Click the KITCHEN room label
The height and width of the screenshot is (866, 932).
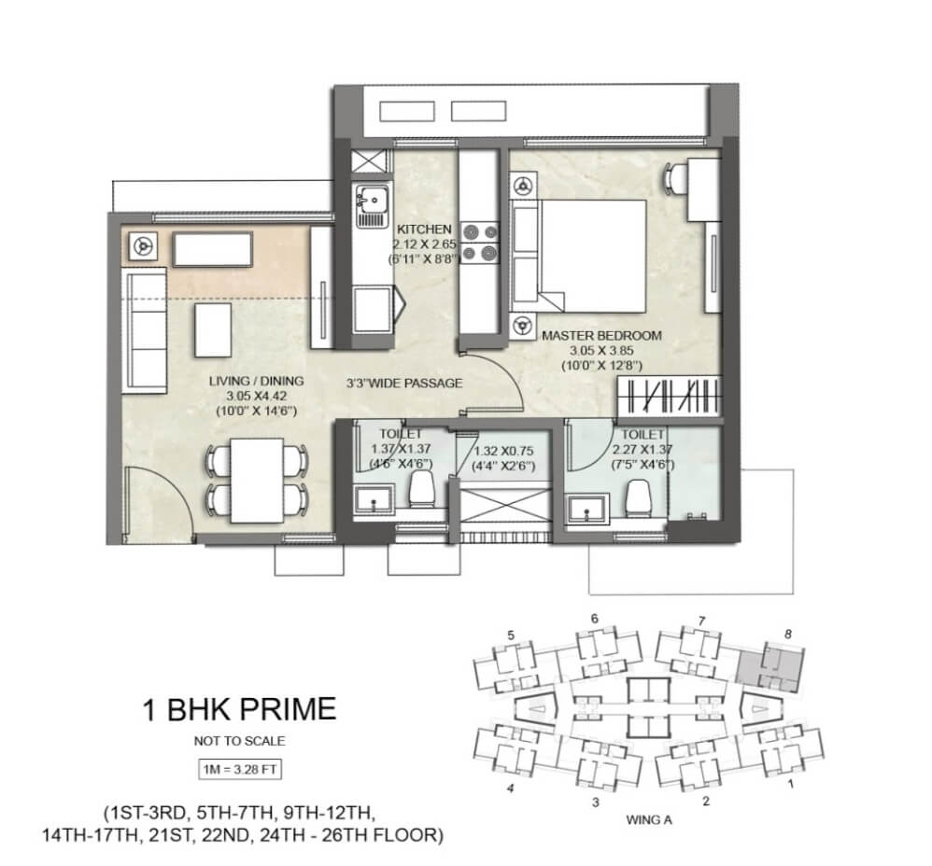click(424, 230)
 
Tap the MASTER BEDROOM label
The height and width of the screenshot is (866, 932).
click(601, 336)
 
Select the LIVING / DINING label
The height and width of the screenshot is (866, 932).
click(256, 382)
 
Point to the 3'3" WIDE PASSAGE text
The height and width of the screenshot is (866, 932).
click(404, 384)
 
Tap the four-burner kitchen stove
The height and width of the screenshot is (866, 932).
click(480, 242)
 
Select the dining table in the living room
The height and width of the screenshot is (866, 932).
click(257, 481)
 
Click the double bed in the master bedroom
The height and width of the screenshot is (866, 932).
click(578, 256)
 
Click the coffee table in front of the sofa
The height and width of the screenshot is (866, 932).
click(213, 330)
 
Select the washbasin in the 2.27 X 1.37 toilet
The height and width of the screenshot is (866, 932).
click(587, 510)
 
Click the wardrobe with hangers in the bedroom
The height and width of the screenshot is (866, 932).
click(670, 397)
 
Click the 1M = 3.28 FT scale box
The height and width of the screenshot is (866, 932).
click(240, 770)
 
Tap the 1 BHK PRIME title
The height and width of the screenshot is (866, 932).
click(240, 709)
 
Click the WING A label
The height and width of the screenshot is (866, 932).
click(649, 820)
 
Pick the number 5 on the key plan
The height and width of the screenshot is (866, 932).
click(511, 636)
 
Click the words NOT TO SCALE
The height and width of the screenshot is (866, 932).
click(240, 741)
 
